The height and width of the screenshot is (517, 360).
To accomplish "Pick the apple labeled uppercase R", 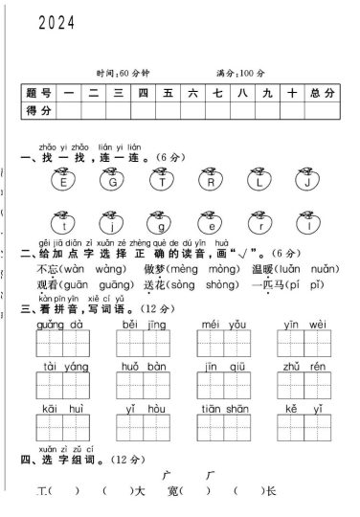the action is [210, 179].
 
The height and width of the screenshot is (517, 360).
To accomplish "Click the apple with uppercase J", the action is [306, 179].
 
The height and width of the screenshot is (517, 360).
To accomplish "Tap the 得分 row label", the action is [37, 111].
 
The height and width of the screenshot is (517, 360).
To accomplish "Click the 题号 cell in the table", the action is [37, 93].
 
